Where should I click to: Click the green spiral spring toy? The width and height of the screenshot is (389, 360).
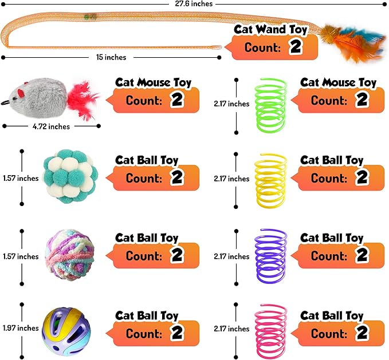(x=271, y=104)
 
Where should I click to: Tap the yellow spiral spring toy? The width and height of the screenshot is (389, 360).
(x=271, y=179)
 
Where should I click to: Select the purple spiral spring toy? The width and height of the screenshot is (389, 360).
(x=271, y=256)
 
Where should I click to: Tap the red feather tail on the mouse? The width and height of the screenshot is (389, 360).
(x=84, y=98)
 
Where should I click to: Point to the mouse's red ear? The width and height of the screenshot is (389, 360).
(x=21, y=90)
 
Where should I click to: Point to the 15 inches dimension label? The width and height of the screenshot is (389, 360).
(x=111, y=57)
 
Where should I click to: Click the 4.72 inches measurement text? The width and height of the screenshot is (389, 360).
(x=51, y=126)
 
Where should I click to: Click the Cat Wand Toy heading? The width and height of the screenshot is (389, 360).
(x=271, y=30)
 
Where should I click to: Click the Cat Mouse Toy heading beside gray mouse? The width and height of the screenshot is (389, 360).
(x=153, y=83)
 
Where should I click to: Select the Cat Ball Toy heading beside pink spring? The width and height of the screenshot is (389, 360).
(x=332, y=315)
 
